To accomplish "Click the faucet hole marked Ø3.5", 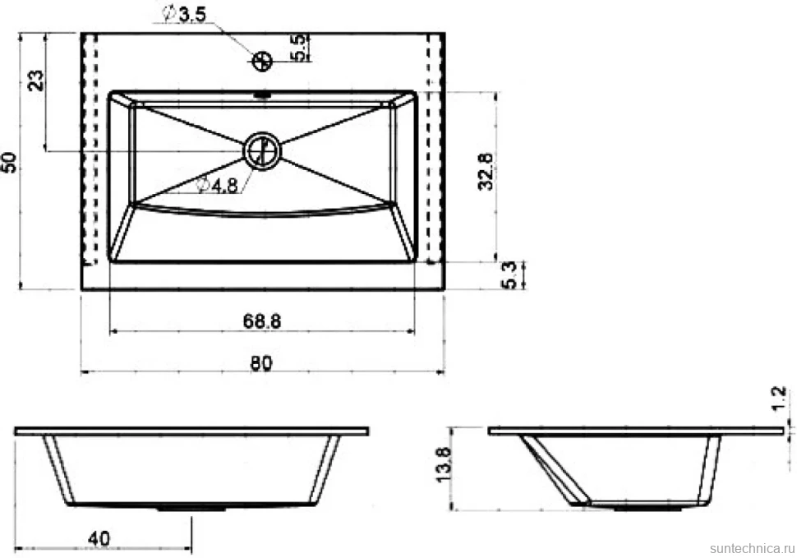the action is (262, 62).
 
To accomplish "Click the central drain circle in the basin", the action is (262, 151).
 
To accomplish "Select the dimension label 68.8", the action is (262, 321).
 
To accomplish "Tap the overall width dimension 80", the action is (261, 363).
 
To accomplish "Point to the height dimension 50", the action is (10, 163).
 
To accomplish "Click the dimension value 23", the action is (35, 81).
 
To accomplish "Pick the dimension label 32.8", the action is (486, 171).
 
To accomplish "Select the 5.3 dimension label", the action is (509, 275).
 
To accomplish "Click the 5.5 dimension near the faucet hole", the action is (300, 48).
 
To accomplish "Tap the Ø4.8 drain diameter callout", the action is (218, 186).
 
